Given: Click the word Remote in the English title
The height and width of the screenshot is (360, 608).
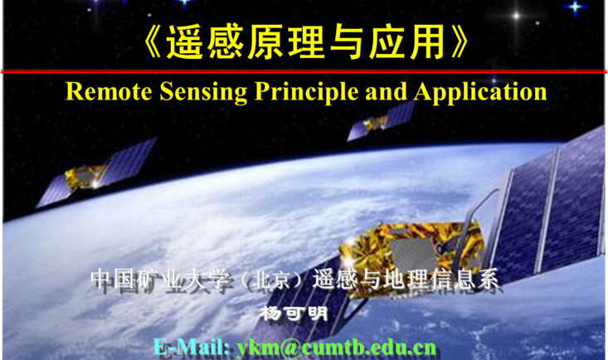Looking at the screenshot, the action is pos(109,91).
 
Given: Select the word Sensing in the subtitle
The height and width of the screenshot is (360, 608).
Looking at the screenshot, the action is pos(203,92).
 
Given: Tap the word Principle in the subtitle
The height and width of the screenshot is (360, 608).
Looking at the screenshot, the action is pos(306,92).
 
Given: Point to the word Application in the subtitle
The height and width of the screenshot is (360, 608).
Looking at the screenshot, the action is pos(480,92).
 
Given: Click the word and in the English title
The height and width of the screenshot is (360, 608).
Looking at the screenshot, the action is pos(387,91).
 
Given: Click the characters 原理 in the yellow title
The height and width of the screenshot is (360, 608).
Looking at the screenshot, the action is pos(286,42).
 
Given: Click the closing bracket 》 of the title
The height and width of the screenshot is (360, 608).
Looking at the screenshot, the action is pos(460,42).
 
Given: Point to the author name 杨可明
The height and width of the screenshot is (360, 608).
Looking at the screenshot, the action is pos(294,313).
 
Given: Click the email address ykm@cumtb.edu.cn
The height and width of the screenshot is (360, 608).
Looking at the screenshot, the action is pos(336,348).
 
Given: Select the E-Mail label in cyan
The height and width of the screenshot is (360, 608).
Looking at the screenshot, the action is pos(191,347).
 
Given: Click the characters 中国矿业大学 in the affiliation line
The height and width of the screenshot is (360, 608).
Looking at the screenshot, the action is pos(160,280).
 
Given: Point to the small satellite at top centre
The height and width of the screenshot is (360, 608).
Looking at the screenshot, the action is pos(381,121).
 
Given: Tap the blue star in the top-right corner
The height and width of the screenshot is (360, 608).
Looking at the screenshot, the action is pos(575,7).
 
